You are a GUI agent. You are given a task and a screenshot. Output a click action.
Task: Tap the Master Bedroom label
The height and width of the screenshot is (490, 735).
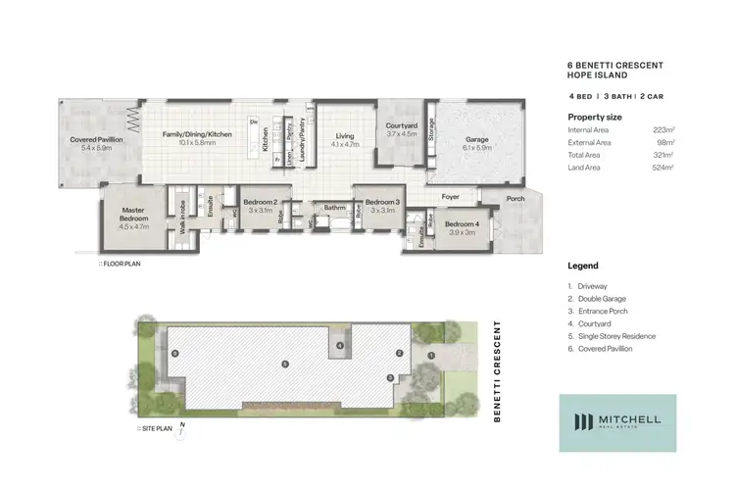tap(132, 214)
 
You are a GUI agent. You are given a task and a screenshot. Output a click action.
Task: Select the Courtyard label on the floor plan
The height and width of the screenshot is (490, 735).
tap(402, 125)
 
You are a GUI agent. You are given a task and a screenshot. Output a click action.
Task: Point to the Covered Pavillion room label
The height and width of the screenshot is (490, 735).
tap(96, 140)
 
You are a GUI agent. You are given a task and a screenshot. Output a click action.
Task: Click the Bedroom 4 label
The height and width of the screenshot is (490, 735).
tap(464, 225)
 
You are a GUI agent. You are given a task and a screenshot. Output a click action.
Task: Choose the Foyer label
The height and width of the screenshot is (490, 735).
tap(450, 197)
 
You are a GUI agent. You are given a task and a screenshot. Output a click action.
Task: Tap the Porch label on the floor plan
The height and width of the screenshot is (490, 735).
tap(515, 199)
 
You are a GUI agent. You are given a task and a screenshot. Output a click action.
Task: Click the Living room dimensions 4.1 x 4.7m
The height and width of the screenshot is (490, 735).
tap(345, 144)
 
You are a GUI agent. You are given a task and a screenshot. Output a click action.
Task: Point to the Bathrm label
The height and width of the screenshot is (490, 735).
tap(336, 208)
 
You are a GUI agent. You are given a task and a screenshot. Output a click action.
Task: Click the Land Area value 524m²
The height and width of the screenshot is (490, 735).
tap(663, 168)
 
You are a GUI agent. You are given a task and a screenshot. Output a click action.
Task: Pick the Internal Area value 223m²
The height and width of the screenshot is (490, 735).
tap(663, 129)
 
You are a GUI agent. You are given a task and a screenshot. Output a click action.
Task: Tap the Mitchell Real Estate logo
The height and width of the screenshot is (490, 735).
tap(617, 422)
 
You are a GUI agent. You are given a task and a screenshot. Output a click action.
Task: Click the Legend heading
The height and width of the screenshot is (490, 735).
tap(583, 266)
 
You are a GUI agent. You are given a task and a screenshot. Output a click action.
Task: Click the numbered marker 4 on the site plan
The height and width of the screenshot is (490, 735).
tap(339, 346)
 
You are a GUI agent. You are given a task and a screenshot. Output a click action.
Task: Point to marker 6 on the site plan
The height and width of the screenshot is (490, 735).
tap(174, 352)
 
